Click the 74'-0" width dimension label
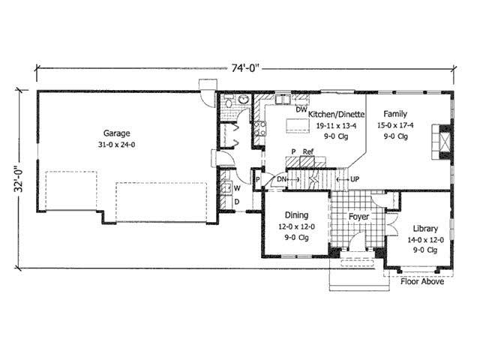tap(244, 68)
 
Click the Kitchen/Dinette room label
tap(337, 115)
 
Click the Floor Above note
tap(421, 282)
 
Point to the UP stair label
tap(355, 180)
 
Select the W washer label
tap(236, 187)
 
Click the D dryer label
tap(236, 202)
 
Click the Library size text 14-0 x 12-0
tap(426, 239)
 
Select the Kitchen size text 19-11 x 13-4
tap(336, 126)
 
